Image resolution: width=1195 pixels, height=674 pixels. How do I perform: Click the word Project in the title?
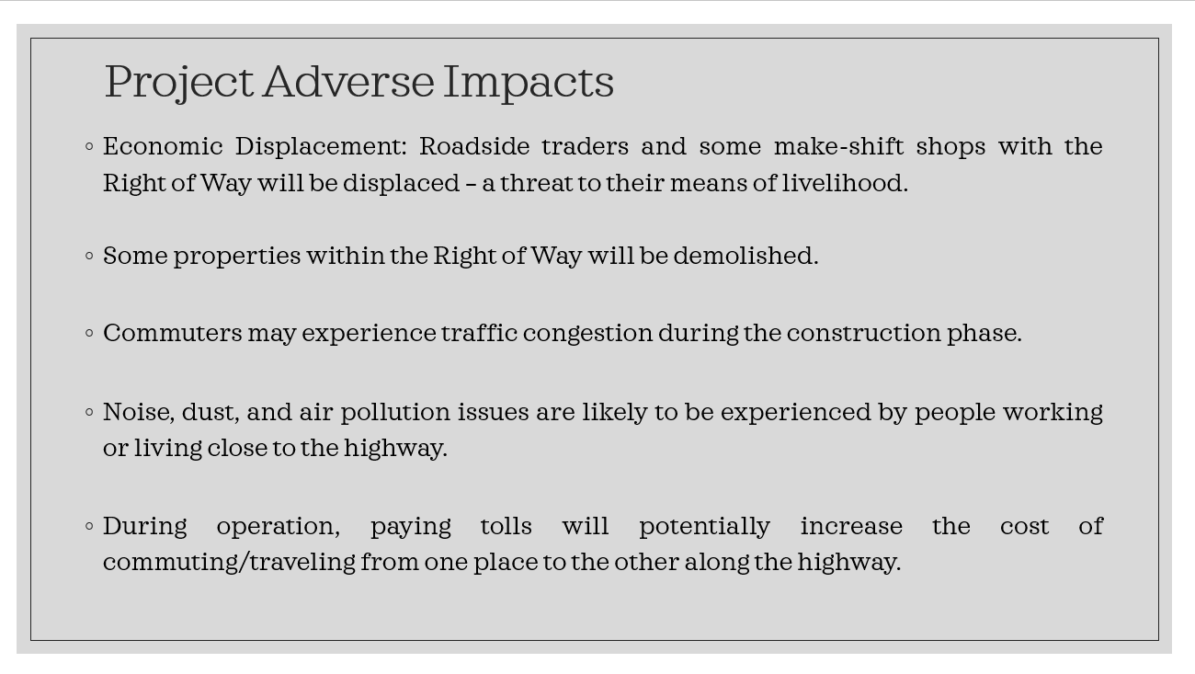tap(178, 83)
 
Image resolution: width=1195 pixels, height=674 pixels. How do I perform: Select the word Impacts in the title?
tap(529, 83)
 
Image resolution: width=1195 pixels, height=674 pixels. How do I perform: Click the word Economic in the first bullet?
tap(163, 146)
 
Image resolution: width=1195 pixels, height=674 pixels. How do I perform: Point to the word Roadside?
tap(474, 146)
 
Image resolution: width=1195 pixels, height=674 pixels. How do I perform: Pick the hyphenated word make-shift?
tap(838, 146)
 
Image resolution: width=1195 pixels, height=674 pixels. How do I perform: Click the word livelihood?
tap(845, 182)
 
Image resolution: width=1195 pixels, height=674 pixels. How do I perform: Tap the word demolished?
tap(745, 255)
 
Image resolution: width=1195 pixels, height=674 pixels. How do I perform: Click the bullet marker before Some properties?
tap(90, 257)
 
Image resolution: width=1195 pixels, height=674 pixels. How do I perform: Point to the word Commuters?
tap(172, 333)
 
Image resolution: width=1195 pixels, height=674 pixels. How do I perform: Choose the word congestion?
tap(587, 334)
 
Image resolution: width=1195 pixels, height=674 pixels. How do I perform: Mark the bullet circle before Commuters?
tap(90, 334)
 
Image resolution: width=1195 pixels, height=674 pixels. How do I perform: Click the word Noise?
tap(139, 412)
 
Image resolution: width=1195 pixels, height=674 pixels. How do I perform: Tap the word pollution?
tap(395, 413)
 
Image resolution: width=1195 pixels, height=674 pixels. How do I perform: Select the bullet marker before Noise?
tap(90, 412)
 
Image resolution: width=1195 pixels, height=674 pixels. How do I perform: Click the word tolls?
tap(506, 526)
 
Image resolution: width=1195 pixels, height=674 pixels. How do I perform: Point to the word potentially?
tap(704, 527)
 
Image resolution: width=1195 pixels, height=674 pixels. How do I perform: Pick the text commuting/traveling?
tap(229, 563)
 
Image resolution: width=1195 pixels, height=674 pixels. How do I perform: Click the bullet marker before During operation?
tap(90, 526)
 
